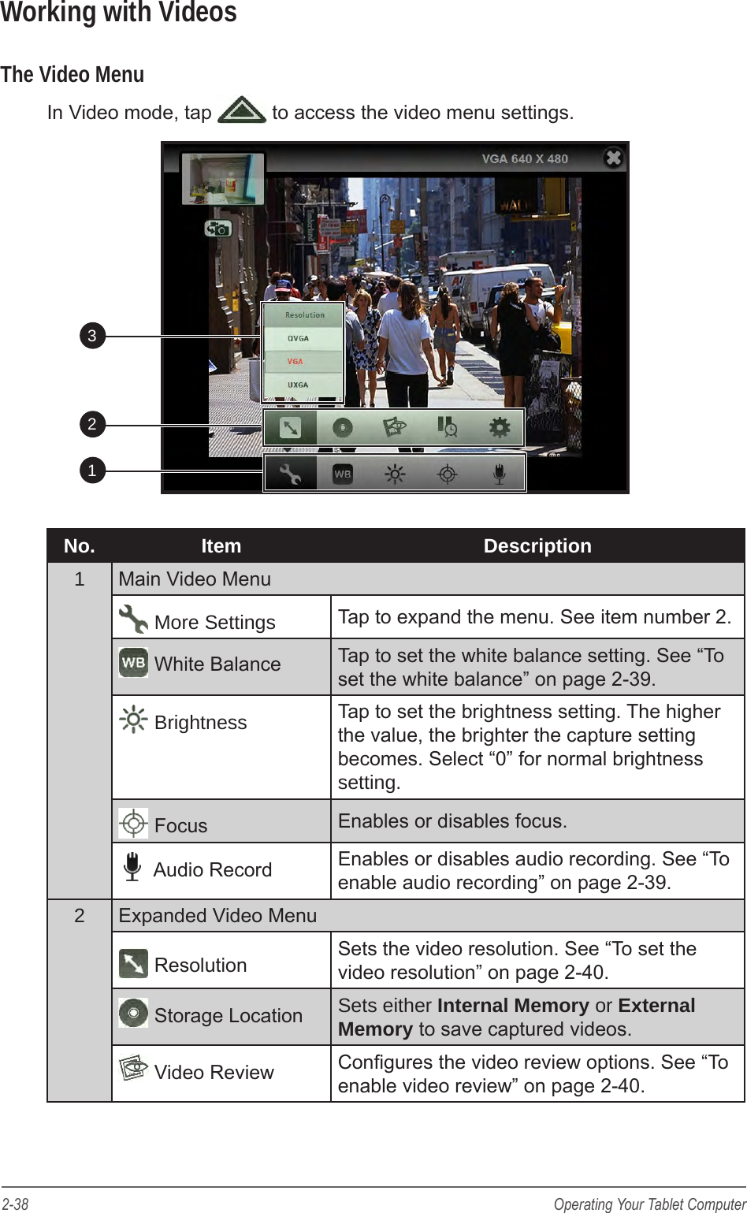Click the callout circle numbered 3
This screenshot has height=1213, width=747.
click(92, 336)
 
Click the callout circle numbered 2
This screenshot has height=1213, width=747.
click(92, 424)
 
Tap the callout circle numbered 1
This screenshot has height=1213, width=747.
click(92, 471)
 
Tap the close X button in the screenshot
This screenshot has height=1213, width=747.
click(613, 158)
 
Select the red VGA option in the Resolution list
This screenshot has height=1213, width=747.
click(295, 362)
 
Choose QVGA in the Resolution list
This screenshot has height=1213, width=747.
click(298, 338)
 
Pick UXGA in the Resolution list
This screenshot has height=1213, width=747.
click(298, 385)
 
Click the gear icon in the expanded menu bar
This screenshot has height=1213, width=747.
click(500, 427)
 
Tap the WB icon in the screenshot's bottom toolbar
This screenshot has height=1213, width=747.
click(343, 474)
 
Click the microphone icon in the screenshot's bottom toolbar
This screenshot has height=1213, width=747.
click(499, 474)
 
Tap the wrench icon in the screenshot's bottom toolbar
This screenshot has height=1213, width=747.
click(290, 474)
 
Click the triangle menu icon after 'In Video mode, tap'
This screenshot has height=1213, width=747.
click(242, 111)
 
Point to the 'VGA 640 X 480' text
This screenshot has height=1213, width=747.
click(525, 158)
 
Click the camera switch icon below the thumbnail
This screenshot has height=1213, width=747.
click(217, 229)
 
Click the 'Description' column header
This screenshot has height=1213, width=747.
click(537, 546)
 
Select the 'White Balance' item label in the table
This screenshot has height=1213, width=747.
click(217, 664)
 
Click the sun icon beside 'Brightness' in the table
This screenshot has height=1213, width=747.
click(133, 720)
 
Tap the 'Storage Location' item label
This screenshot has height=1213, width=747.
click(228, 1016)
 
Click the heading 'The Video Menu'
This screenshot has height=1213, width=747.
click(72, 75)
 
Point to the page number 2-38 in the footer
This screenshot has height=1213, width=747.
click(16, 1204)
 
